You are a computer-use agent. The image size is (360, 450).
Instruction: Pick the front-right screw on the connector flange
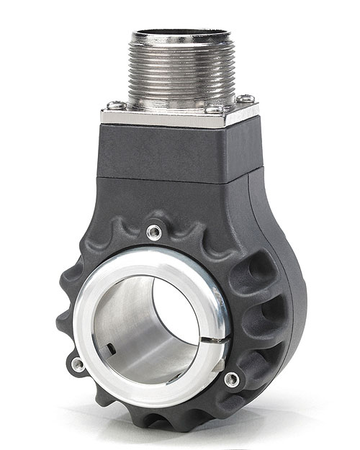pos(215,109)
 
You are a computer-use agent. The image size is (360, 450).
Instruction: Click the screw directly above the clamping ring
pos(153,230)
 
